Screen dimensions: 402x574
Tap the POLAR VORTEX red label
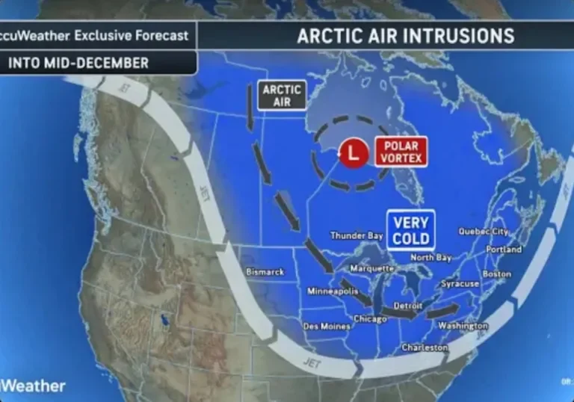coord(401,152)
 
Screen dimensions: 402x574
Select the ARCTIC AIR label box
coord(282,95)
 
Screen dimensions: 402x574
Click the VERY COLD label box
coord(410,231)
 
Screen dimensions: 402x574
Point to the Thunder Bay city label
coord(357,236)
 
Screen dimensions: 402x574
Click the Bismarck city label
coord(265,272)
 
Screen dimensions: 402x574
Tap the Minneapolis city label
coord(332,291)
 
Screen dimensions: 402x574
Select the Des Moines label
coord(327,326)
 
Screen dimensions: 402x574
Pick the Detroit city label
coord(408,306)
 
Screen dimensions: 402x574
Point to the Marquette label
coord(372,268)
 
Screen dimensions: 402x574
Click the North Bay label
coord(431,258)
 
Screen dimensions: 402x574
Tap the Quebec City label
coord(483,232)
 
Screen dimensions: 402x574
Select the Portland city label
coord(504,250)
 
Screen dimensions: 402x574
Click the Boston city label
coord(497,274)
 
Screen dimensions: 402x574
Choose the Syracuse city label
coord(460,284)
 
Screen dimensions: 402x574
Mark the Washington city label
coord(463,326)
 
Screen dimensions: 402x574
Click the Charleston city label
coord(425,347)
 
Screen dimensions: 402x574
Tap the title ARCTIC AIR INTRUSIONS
coord(406,36)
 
